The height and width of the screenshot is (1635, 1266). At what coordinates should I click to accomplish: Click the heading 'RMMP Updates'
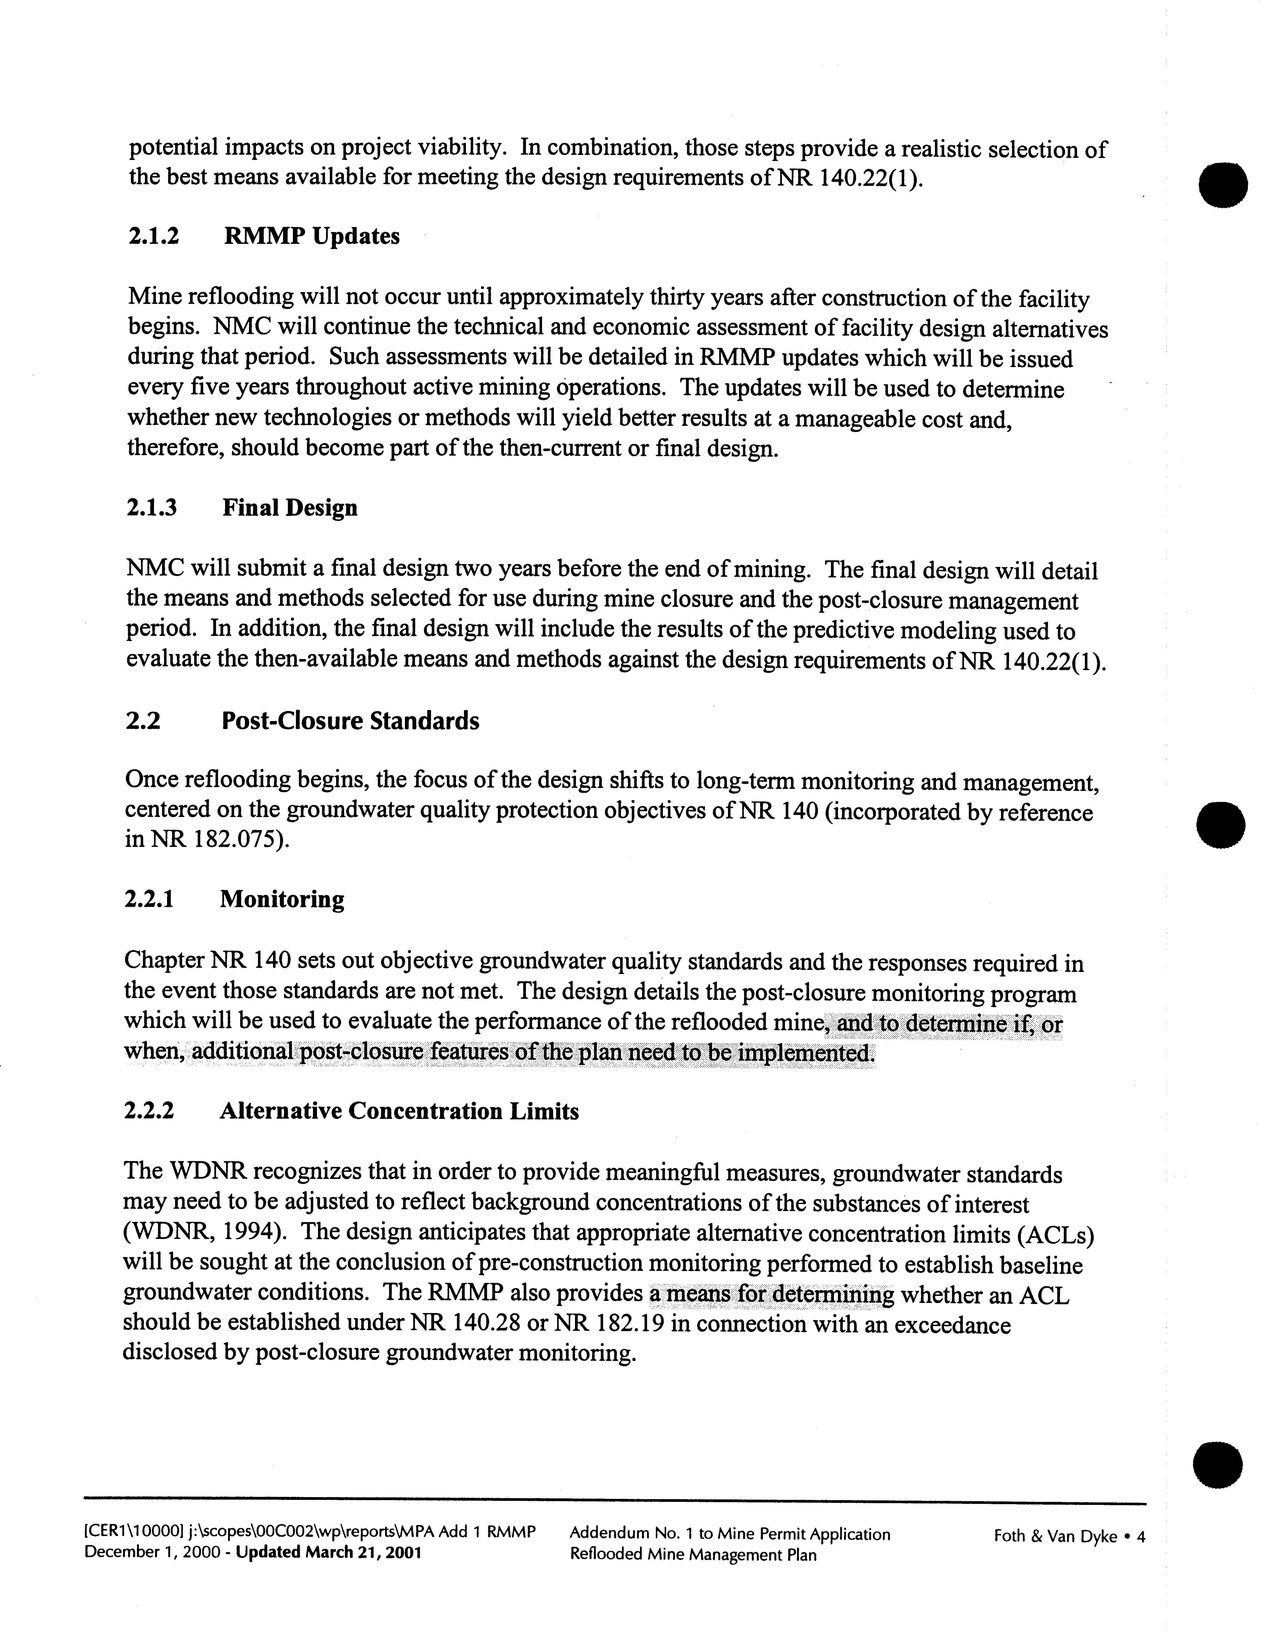pos(311,237)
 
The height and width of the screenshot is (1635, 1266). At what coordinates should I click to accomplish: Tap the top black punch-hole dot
pos(1223,183)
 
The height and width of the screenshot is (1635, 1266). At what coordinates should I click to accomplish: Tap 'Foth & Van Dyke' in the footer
pos(1055,1537)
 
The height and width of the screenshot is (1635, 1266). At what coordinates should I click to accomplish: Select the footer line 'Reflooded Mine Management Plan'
pos(693,1555)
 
